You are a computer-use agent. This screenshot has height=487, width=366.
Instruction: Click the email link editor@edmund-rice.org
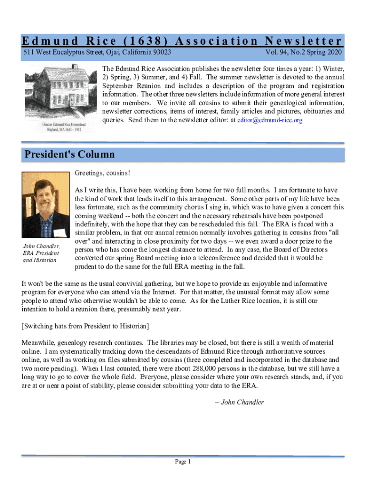coord(270,121)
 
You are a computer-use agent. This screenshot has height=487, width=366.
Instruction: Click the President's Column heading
coord(69,155)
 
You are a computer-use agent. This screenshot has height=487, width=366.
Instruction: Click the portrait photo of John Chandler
coord(46,205)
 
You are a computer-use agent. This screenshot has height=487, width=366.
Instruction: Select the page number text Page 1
coord(183,462)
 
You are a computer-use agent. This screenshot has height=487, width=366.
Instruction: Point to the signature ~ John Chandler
coord(239,402)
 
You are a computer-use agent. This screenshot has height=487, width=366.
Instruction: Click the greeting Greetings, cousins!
coord(102,173)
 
